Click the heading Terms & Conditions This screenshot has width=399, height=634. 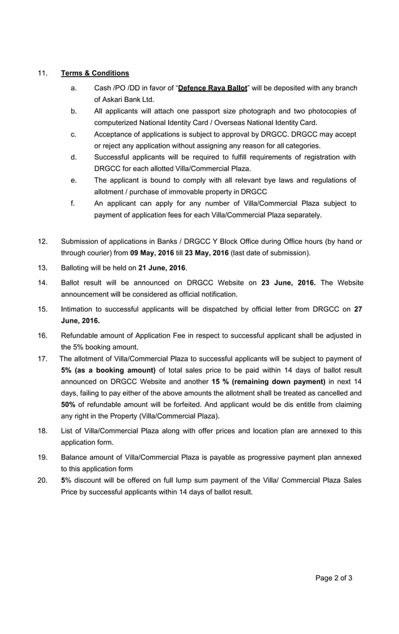click(x=95, y=73)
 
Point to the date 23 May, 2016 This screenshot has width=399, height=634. click(x=206, y=253)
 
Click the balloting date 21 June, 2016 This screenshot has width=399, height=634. click(x=162, y=268)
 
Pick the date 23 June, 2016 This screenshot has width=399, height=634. click(x=288, y=283)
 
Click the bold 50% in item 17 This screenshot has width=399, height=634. click(x=69, y=404)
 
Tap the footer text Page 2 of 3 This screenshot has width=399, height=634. click(x=334, y=578)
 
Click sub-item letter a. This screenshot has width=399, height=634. click(x=73, y=88)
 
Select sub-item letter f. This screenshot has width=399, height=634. click(x=73, y=203)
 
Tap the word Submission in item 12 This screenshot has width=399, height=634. click(x=82, y=242)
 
